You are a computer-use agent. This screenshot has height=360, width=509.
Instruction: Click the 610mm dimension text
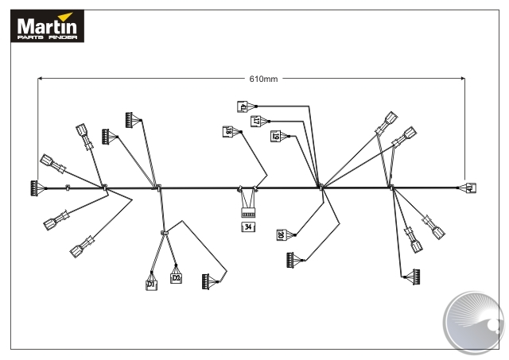click(262, 79)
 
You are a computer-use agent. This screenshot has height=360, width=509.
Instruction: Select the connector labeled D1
click(151, 283)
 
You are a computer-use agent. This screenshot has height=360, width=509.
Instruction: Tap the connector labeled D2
click(177, 278)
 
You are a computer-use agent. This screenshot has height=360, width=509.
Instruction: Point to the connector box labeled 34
click(248, 227)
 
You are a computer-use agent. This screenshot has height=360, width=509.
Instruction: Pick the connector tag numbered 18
click(229, 132)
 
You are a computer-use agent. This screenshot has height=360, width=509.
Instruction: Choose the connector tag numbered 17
click(257, 121)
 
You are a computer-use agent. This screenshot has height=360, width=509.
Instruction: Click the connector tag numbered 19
click(276, 136)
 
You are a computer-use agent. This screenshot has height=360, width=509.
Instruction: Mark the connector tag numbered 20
click(282, 234)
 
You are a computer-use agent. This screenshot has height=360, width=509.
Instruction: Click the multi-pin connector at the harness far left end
click(34, 188)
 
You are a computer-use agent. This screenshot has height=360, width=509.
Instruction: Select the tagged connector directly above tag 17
click(244, 106)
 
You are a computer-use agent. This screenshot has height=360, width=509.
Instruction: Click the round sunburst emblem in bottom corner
click(474, 320)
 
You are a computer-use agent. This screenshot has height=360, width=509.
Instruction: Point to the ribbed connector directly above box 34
click(248, 212)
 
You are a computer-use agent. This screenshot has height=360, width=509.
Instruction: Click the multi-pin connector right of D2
click(208, 281)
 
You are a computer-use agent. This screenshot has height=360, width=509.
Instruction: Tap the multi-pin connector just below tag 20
click(293, 259)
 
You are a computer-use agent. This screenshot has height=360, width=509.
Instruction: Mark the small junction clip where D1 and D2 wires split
click(164, 233)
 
